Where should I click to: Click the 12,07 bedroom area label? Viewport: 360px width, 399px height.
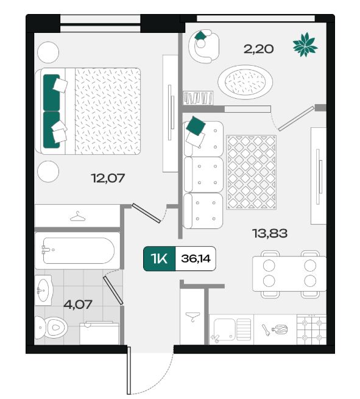[108, 178]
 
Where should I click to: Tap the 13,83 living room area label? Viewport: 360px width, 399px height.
[270, 233]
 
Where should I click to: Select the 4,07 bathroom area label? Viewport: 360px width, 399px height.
[77, 305]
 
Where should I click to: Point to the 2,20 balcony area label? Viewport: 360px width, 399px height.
[258, 49]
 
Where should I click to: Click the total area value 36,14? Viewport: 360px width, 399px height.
[196, 259]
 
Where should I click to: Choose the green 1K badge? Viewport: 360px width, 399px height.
[160, 259]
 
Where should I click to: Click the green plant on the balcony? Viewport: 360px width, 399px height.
[305, 44]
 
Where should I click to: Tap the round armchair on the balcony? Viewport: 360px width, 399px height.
[204, 46]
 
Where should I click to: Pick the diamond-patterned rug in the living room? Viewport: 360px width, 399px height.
[252, 172]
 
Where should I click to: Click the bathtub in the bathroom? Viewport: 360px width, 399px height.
[77, 250]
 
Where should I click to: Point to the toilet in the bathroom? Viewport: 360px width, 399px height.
[51, 328]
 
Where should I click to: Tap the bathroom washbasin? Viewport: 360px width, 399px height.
[44, 290]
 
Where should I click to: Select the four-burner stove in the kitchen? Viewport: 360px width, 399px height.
[311, 330]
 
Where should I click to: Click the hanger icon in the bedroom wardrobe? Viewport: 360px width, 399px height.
[77, 216]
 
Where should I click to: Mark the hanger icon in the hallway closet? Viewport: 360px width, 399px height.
[192, 317]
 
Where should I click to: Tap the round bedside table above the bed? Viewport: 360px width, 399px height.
[48, 52]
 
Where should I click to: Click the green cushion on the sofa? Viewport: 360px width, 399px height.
[196, 126]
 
